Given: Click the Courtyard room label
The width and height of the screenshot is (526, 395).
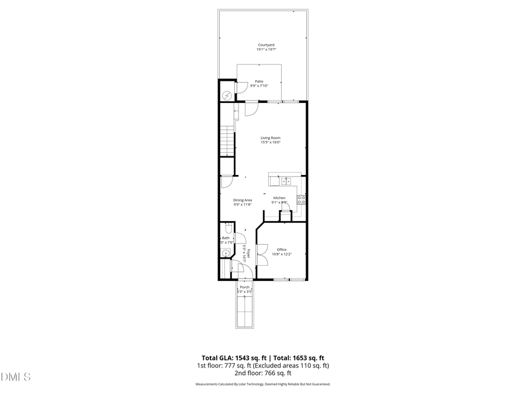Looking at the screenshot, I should [266, 45].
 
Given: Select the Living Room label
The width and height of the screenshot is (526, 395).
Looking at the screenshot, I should [270, 138].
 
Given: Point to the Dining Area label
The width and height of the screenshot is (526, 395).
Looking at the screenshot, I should [242, 200].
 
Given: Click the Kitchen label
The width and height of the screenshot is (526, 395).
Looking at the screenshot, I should [279, 198].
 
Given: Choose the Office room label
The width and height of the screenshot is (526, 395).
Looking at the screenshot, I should [282, 249].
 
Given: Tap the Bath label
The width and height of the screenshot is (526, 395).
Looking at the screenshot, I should [226, 238].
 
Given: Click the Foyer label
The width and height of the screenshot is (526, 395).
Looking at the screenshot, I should [249, 253].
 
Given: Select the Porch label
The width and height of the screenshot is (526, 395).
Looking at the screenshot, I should [245, 287].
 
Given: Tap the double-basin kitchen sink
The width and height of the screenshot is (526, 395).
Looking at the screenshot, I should [285, 180].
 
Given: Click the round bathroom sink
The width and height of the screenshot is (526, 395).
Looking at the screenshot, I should [225, 253].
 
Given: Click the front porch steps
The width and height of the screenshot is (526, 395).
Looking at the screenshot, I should [245, 311].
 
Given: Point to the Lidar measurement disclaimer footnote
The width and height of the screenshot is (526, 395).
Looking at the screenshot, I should [262, 384].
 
